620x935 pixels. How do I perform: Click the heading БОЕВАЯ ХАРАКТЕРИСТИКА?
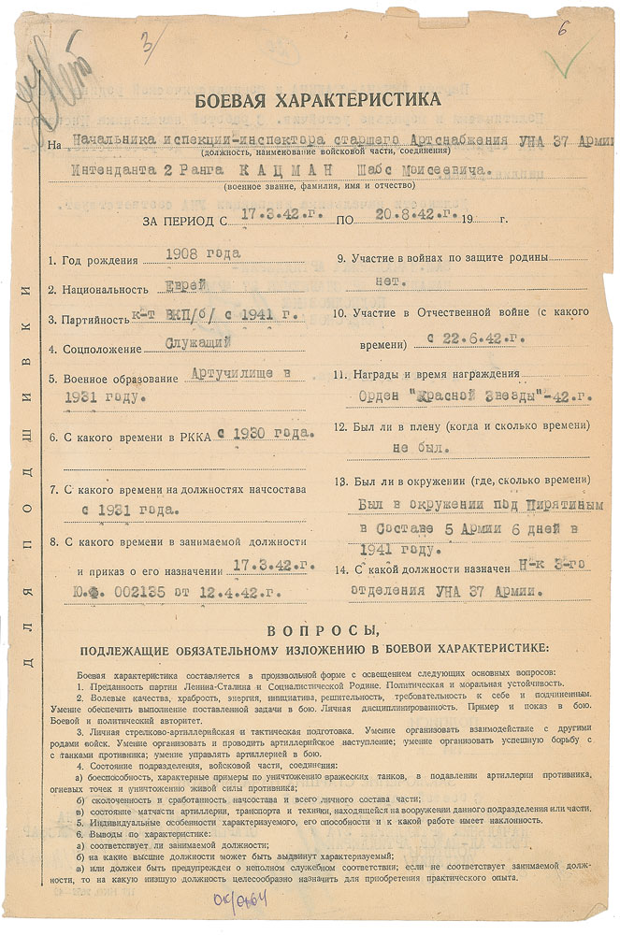point(316,102)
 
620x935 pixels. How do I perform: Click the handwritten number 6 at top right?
point(563,29)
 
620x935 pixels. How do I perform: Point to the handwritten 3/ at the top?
point(148,41)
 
